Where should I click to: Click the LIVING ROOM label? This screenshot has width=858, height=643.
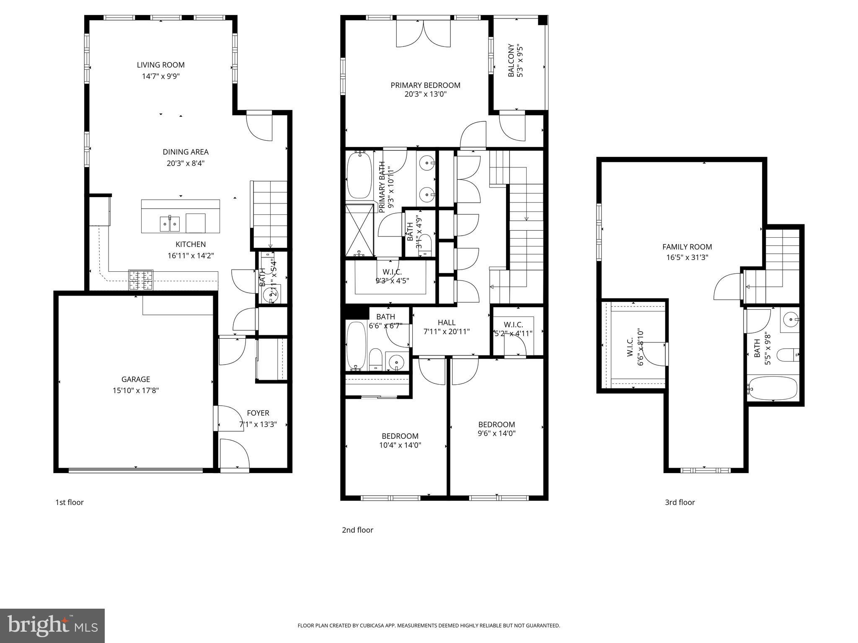[x=160, y=65]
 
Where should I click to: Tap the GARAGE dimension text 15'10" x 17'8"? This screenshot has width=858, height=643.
[x=135, y=391]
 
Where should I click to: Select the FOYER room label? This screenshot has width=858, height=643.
[x=258, y=413]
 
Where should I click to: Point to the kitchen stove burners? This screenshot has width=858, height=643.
[x=141, y=280]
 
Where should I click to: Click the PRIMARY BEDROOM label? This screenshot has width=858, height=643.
[x=425, y=85]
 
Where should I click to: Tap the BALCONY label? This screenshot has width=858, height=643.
[x=511, y=61]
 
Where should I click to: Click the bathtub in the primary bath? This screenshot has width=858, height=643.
[x=359, y=175]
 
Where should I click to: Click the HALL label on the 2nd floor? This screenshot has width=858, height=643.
[x=446, y=322]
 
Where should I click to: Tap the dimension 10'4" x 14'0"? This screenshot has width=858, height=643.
[x=400, y=445]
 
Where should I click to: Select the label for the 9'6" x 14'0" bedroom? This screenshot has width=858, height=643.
[x=496, y=424]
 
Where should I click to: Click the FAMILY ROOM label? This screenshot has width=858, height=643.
[x=687, y=247]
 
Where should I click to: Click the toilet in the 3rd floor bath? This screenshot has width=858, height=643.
[x=788, y=355]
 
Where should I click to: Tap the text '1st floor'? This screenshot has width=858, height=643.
[x=70, y=502]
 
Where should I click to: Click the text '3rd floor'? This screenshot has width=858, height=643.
[x=680, y=502]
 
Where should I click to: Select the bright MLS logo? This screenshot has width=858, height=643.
[x=52, y=626]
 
